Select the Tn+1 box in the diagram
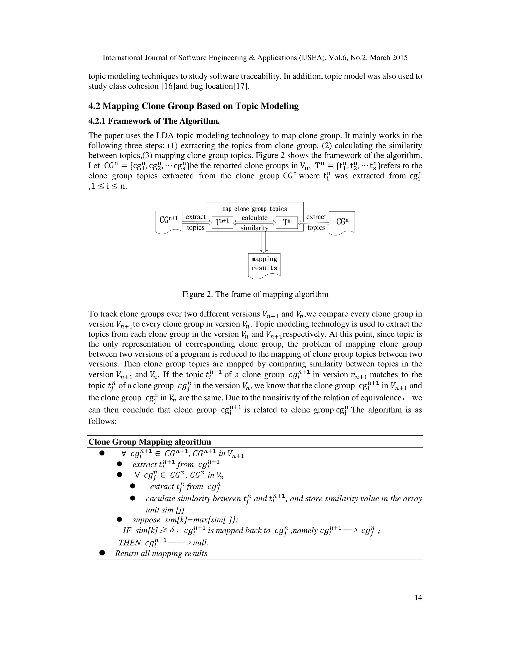tap(222, 222)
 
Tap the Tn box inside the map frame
tap(287, 222)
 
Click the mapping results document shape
tap(264, 264)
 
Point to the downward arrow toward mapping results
tap(264, 242)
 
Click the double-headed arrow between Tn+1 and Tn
tap(254, 223)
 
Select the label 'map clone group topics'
tap(254, 209)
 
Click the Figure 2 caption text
tap(255, 294)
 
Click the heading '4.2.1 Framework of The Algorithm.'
tap(154, 121)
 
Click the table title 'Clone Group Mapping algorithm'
tap(149, 442)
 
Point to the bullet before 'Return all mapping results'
tap(102, 553)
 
